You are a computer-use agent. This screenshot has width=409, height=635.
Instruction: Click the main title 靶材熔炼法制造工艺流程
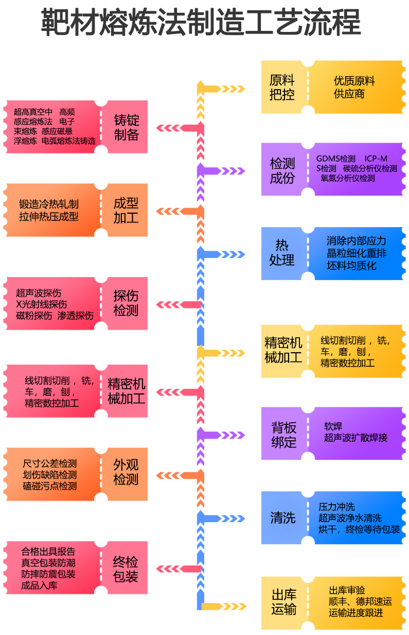pyautogui.click(x=201, y=22)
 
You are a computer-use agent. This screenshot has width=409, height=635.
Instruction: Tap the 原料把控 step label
pyautogui.click(x=282, y=88)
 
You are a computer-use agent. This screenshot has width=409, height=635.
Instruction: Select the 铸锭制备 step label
pyautogui.click(x=126, y=128)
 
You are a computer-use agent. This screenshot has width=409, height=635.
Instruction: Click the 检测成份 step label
pyautogui.click(x=282, y=171)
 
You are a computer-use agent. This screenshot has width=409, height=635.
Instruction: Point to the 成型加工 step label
pyautogui.click(x=126, y=210)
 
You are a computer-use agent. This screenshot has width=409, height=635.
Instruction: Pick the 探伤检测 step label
pyautogui.click(x=126, y=303)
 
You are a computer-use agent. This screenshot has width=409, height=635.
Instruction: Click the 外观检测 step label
pyautogui.click(x=126, y=472)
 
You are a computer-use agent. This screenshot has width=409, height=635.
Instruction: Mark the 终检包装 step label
pyautogui.click(x=126, y=569)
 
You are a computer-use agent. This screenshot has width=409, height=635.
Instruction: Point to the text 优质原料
pyautogui.click(x=354, y=81)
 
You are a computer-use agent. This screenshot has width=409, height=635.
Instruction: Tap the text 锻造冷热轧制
pyautogui.click(x=49, y=204)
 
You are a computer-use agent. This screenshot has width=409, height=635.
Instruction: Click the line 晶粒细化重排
pyautogui.click(x=356, y=253)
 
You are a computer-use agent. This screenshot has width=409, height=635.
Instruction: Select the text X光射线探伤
pyautogui.click(x=41, y=304)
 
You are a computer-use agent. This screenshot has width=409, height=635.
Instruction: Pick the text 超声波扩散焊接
pyautogui.click(x=355, y=438)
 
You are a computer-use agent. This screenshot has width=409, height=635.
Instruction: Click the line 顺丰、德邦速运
pyautogui.click(x=360, y=602)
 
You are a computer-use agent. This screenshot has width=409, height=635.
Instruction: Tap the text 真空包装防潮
pyautogui.click(x=48, y=563)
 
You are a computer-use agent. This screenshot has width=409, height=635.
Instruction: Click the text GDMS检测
pyautogui.click(x=335, y=159)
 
